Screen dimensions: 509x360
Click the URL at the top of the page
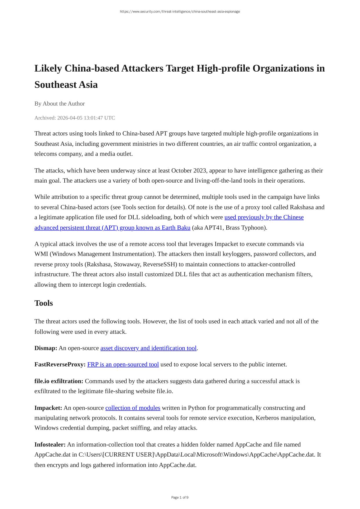(180, 12)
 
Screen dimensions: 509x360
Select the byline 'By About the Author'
(59, 103)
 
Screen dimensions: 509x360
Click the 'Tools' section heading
(43, 303)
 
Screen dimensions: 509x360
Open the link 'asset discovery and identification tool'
(148, 348)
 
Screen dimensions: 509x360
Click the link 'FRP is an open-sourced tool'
(123, 364)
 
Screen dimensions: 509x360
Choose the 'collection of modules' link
(133, 408)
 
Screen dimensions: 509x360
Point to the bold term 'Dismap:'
(46, 348)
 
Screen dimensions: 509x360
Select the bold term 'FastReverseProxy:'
(60, 364)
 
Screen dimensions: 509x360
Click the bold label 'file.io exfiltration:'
(59, 381)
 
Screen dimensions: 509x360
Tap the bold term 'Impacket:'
(48, 408)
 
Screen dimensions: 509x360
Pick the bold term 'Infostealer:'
(50, 445)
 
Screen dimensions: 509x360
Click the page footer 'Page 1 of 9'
(180, 497)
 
